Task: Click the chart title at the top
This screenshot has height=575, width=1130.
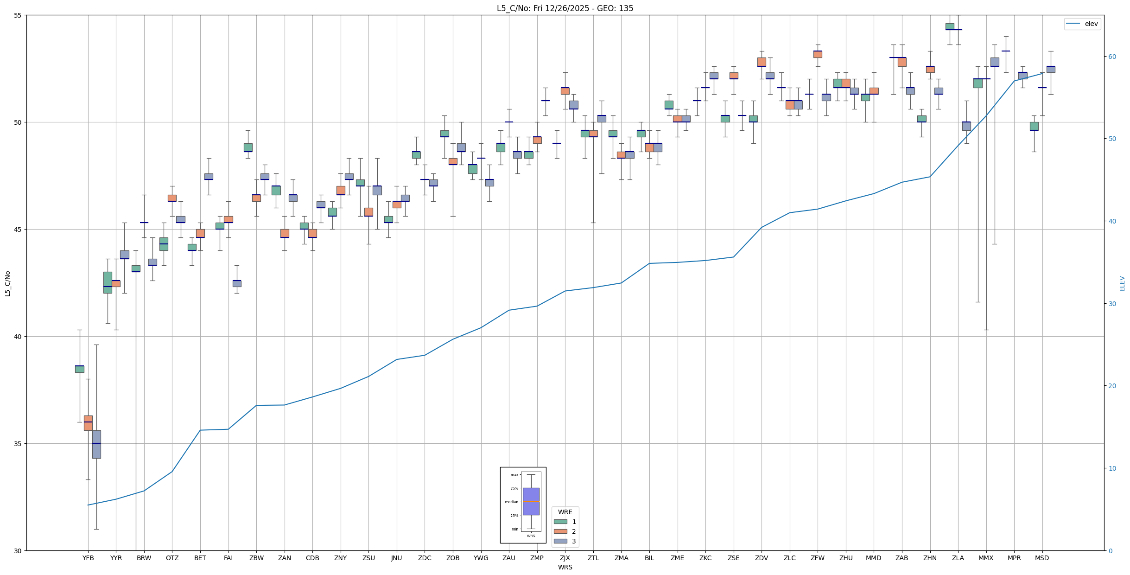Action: (x=565, y=8)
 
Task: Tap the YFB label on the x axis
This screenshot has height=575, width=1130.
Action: (x=88, y=558)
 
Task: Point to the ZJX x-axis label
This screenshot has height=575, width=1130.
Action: (x=565, y=558)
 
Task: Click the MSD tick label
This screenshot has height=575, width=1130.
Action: (x=1042, y=558)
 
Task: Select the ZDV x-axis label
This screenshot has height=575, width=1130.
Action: (x=762, y=558)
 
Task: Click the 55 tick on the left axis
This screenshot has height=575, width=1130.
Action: (x=18, y=15)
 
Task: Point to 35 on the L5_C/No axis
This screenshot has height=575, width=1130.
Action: (x=18, y=444)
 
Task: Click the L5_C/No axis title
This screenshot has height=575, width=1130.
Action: (x=7, y=283)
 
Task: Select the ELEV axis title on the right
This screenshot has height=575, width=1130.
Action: (x=1122, y=283)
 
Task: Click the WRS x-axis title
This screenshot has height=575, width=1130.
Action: (x=565, y=567)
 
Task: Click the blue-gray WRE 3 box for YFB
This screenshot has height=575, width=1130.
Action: (x=96, y=444)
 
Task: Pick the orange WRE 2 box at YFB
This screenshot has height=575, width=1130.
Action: (x=88, y=423)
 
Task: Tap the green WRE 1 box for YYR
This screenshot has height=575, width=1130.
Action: (x=108, y=282)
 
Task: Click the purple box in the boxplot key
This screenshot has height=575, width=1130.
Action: (x=531, y=501)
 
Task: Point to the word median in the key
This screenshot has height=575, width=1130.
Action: (x=512, y=502)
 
